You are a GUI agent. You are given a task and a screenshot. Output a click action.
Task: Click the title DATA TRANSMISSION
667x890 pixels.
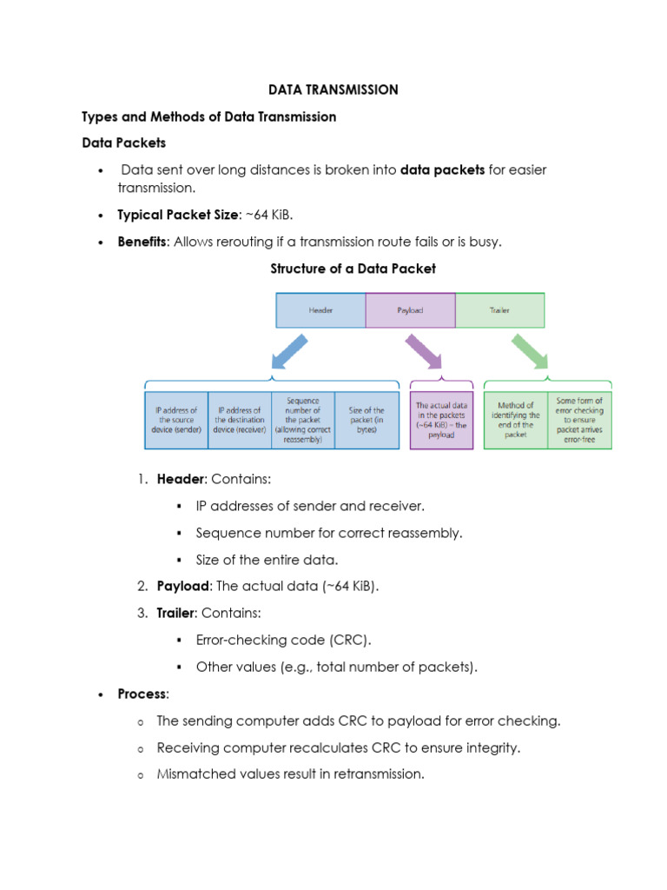click(x=333, y=90)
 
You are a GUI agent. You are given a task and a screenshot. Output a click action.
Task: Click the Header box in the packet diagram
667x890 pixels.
click(x=320, y=309)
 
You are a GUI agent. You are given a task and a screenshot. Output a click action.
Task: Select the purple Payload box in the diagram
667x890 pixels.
click(x=410, y=309)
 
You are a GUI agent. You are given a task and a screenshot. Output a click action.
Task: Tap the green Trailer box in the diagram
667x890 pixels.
click(x=499, y=309)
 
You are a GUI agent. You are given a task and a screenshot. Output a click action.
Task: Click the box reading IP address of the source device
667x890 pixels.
click(x=176, y=421)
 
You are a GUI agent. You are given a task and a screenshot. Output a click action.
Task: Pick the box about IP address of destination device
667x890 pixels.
click(x=239, y=421)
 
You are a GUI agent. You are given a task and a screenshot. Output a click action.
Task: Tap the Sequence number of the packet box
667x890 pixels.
click(x=303, y=421)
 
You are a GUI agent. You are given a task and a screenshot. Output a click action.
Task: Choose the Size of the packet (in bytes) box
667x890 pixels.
click(x=366, y=421)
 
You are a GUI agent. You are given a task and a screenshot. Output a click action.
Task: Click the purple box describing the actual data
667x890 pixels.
click(x=441, y=421)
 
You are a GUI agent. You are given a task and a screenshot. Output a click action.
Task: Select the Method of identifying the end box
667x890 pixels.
click(x=516, y=421)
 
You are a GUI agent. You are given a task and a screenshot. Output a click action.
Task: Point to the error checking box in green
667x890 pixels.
click(x=579, y=421)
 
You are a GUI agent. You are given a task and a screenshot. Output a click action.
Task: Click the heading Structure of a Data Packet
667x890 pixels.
click(x=353, y=269)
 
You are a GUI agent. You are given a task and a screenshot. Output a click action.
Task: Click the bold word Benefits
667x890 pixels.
click(x=142, y=242)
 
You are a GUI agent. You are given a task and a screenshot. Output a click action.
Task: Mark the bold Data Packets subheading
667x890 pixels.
click(x=123, y=143)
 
